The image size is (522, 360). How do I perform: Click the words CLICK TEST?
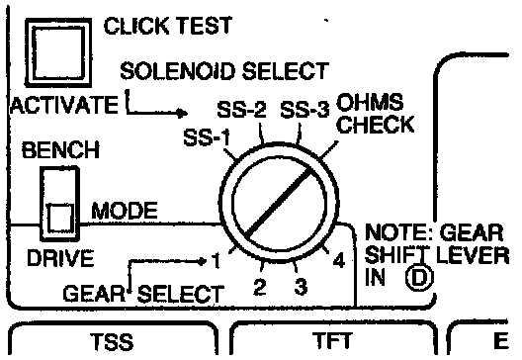[x=168, y=26]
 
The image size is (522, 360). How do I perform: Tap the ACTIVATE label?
[x=64, y=105]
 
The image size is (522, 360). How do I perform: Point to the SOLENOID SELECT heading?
[x=224, y=70]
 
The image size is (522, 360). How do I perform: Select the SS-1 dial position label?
[x=207, y=137]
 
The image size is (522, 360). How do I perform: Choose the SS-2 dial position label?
[x=241, y=109]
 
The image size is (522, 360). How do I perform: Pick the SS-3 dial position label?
[x=304, y=109]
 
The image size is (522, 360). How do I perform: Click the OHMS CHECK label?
[x=376, y=113]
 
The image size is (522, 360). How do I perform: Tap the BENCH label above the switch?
[x=60, y=150]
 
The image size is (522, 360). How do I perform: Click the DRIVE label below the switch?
[x=60, y=258]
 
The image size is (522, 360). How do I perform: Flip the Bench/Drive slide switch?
[x=60, y=204]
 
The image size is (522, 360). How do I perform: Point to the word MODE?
[x=125, y=211]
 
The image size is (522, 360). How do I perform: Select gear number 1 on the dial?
[x=217, y=261]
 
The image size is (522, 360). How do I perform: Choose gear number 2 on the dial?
[x=260, y=287]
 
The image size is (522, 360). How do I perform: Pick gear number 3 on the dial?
[x=301, y=287]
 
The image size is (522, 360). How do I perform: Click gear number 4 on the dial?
[x=339, y=260]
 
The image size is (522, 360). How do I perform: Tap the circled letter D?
[x=419, y=277]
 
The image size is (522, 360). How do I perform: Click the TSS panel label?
[x=112, y=341]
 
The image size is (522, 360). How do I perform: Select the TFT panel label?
[x=332, y=340]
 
